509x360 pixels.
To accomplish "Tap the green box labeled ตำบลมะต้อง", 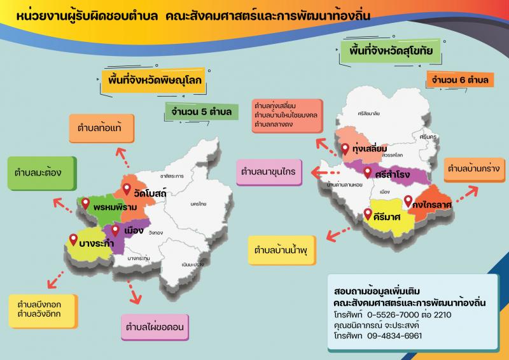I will (x=37, y=172).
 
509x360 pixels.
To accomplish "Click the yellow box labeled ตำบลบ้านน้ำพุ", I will (x=281, y=249).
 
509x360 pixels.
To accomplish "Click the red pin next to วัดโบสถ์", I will (x=127, y=189).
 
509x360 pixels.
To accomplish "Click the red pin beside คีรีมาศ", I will (x=368, y=214).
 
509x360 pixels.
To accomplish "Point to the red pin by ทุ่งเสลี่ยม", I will (x=345, y=149).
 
